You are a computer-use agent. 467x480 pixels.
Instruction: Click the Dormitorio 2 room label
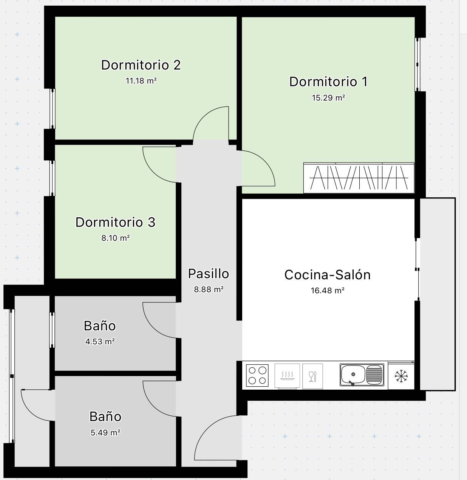pos(141,65)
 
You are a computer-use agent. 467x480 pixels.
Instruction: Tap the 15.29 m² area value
pos(328,98)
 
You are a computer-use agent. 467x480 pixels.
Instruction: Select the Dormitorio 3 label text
pos(115,222)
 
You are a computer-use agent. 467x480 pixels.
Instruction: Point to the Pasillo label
pos(208,274)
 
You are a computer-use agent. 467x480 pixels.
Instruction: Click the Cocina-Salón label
pos(328,275)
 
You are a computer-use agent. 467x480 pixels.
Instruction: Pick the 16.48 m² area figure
pos(328,291)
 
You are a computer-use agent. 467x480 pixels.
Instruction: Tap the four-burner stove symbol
pos(257,375)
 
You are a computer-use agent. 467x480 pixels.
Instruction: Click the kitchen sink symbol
pos(362,375)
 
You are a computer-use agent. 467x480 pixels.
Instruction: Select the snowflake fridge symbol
pos(401,376)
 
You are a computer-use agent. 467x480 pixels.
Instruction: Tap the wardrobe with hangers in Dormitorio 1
pos(359,178)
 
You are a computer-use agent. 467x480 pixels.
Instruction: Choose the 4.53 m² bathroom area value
pos(100,342)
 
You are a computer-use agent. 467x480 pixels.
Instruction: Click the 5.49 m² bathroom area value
pos(105,433)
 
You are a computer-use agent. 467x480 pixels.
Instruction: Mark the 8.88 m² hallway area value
pos(209,290)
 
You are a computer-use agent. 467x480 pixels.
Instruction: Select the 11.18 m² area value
pos(141,81)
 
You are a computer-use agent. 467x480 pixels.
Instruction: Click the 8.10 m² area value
pos(115,238)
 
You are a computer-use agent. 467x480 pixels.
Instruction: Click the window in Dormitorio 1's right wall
pos(417,65)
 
